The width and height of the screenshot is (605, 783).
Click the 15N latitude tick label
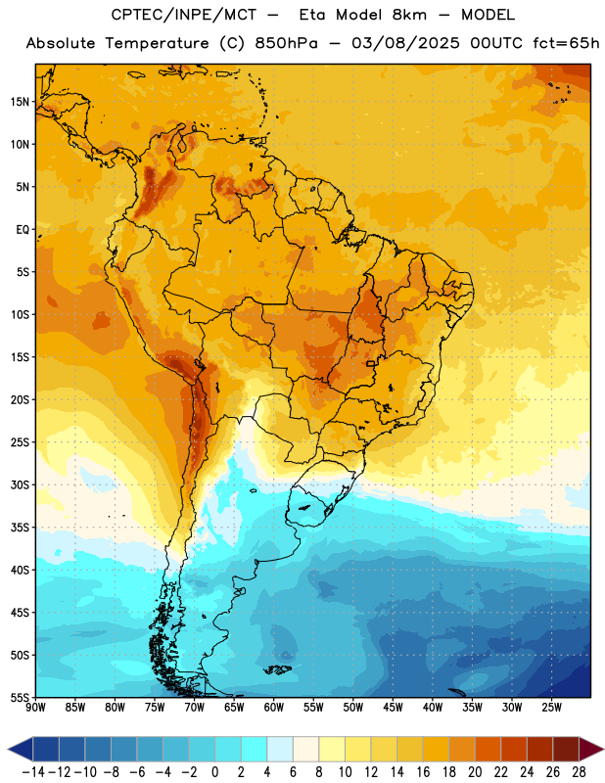pyautogui.click(x=20, y=102)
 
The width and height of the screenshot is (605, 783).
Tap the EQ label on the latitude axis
pyautogui.click(x=23, y=230)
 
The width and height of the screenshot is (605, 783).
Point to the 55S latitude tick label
pyautogui.click(x=20, y=697)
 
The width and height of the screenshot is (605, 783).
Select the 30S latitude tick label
pyautogui.click(x=20, y=484)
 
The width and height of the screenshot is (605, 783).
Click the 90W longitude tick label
pyautogui.click(x=36, y=708)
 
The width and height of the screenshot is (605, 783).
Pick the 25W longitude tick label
pyautogui.click(x=551, y=708)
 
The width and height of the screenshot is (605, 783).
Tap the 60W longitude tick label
pyautogui.click(x=274, y=708)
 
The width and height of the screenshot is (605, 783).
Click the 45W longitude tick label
pyautogui.click(x=393, y=708)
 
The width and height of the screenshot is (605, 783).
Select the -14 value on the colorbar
pyautogui.click(x=33, y=772)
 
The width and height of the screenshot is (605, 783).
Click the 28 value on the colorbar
pyautogui.click(x=579, y=772)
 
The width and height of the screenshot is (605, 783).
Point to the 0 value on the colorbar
pyautogui.click(x=214, y=772)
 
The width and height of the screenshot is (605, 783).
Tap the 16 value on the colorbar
pyautogui.click(x=423, y=772)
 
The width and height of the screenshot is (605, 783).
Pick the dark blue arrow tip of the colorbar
pyautogui.click(x=9, y=749)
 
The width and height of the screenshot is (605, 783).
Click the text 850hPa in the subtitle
pyautogui.click(x=286, y=43)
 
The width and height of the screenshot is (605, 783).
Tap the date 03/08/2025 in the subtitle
pyautogui.click(x=405, y=43)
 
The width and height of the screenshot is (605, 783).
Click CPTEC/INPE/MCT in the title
pyautogui.click(x=184, y=15)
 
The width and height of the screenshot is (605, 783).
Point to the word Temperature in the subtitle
pyautogui.click(x=157, y=44)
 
